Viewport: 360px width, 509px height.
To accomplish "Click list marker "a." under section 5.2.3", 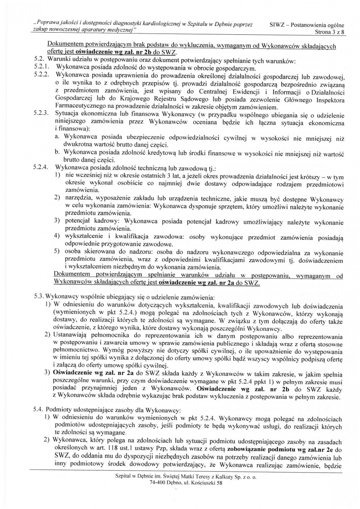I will tap(58, 138).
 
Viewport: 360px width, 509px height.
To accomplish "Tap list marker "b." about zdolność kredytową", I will tap(58, 153).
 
